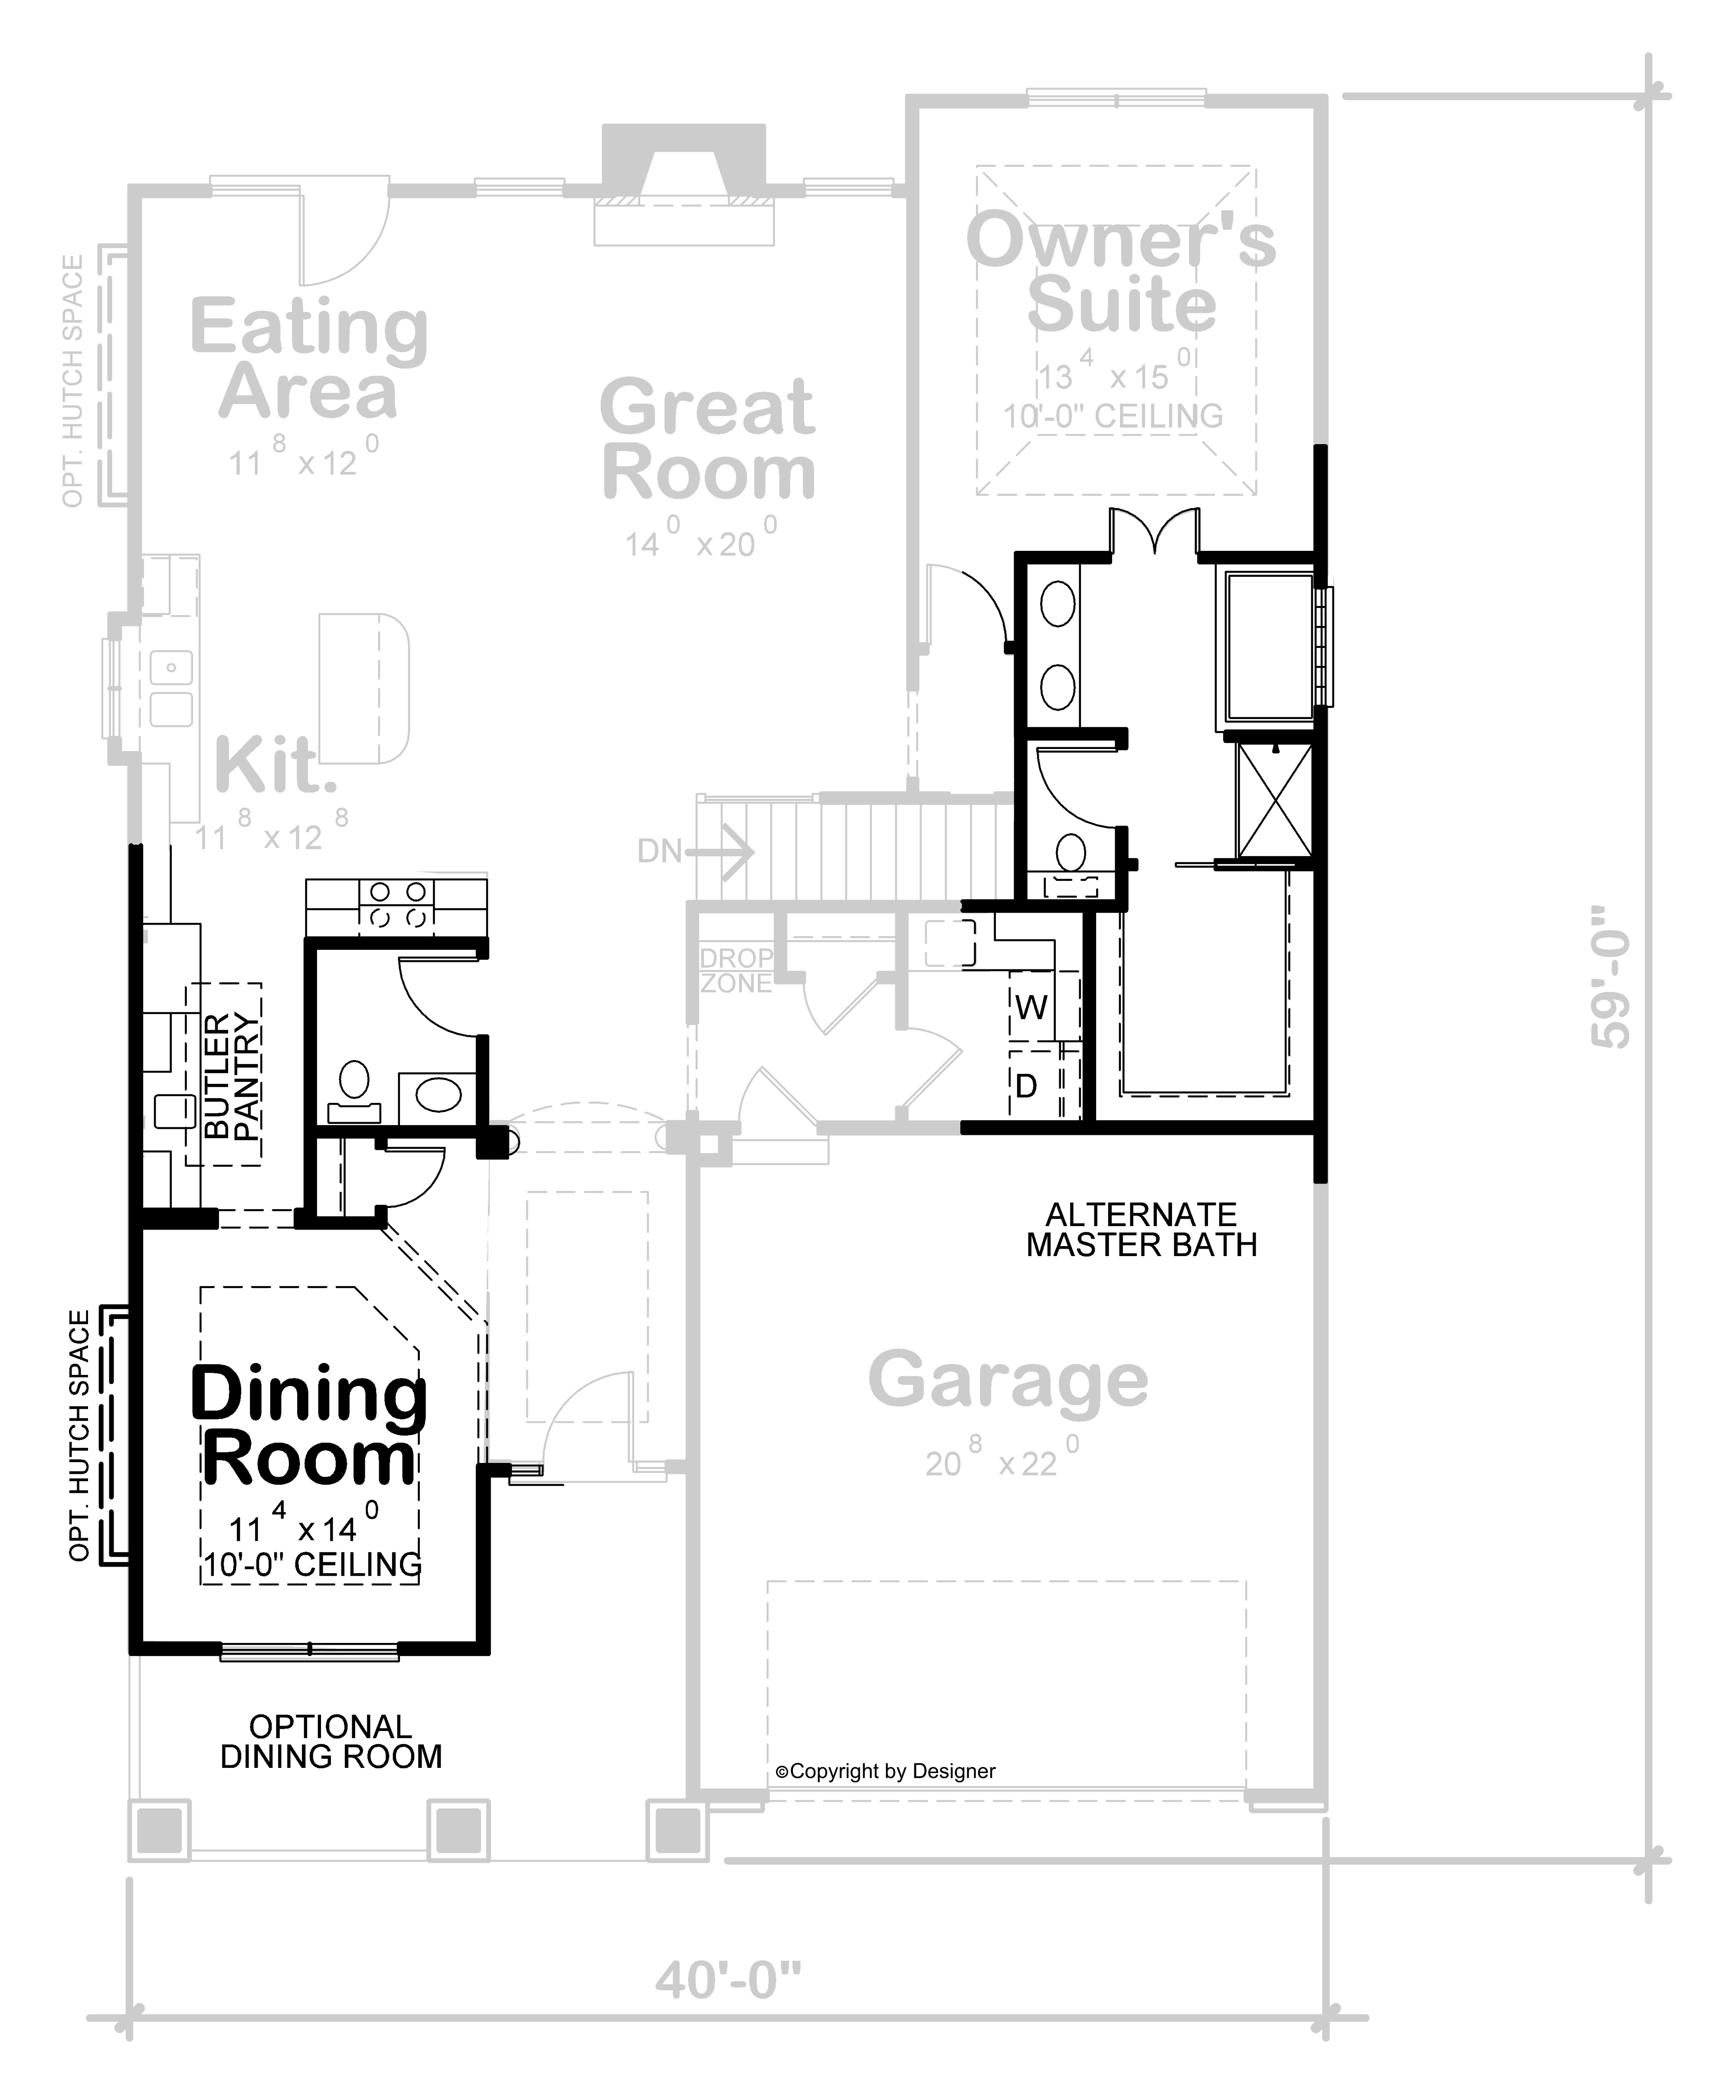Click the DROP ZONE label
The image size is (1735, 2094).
pos(736,970)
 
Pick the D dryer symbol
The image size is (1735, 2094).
pos(1026,1085)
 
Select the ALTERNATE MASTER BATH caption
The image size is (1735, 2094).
pos(1142,1230)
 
